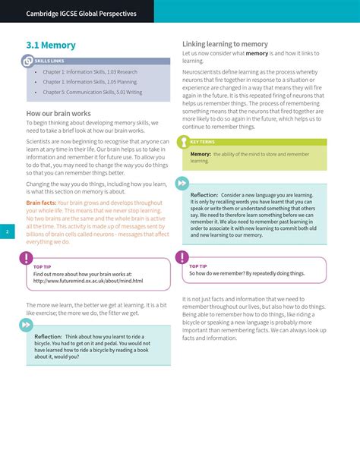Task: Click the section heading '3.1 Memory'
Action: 51,46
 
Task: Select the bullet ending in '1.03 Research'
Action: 90,72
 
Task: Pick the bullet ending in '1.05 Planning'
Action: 90,82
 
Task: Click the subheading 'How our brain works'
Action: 58,113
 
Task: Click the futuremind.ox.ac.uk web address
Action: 87,281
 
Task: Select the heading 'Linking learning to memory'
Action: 226,44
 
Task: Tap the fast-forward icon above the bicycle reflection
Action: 27,324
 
